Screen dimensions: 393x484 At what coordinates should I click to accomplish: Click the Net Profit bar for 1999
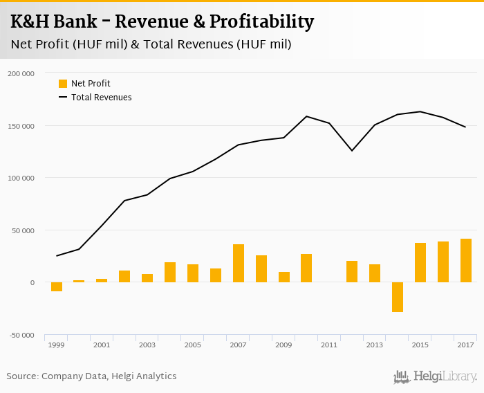pos(57,286)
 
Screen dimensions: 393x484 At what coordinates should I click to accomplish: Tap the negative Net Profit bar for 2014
pos(398,297)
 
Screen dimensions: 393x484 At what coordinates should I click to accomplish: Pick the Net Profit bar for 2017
pos(466,260)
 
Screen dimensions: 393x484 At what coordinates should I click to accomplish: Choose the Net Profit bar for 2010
pos(306,268)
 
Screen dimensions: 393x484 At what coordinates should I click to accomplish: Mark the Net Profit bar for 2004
pos(170,272)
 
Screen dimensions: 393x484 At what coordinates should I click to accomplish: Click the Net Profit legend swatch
pos(63,84)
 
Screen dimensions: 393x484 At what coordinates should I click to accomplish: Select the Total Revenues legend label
pos(101,98)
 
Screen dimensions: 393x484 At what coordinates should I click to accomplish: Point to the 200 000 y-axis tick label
pos(21,73)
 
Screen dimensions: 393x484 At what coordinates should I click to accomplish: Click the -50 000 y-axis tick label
pos(21,336)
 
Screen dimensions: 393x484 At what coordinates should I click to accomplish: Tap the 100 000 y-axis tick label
pos(21,179)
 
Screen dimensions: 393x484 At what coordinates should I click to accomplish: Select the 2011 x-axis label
pos(328,345)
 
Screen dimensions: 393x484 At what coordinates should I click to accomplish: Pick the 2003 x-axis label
pos(147,345)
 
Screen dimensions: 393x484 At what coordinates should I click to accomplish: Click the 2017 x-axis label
pos(465,345)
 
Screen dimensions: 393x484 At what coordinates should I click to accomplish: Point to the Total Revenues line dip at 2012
pos(352,150)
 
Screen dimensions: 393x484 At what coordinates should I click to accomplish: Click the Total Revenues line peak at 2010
pos(306,116)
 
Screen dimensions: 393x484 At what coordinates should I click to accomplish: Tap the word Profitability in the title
pos(262,21)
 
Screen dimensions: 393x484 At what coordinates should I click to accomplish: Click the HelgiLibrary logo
pos(436,376)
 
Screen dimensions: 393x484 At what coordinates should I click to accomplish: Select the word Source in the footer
pos(21,376)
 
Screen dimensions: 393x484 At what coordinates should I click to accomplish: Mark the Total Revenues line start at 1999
pos(57,256)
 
